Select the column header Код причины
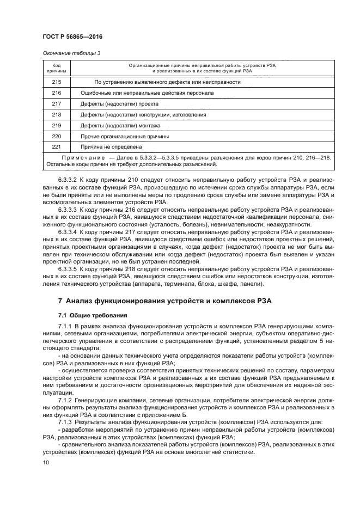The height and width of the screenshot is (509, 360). tap(57, 68)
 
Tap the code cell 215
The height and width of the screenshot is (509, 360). tap(57, 82)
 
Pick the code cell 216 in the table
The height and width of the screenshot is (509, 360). tap(57, 93)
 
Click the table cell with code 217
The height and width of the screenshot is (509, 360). tap(57, 103)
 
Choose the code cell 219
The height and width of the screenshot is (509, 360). tap(57, 125)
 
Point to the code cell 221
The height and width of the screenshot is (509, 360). tap(57, 146)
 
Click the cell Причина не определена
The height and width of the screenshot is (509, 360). tap(111, 146)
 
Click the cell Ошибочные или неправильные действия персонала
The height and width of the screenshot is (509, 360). tap(147, 93)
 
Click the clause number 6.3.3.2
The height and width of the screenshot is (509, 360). tap(68, 179)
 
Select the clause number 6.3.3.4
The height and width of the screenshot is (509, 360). tap(68, 231)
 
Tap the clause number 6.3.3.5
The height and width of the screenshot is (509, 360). tap(68, 269)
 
